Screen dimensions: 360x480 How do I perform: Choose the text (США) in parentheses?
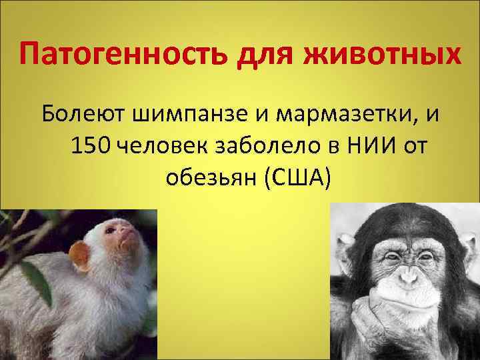[x=298, y=177]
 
